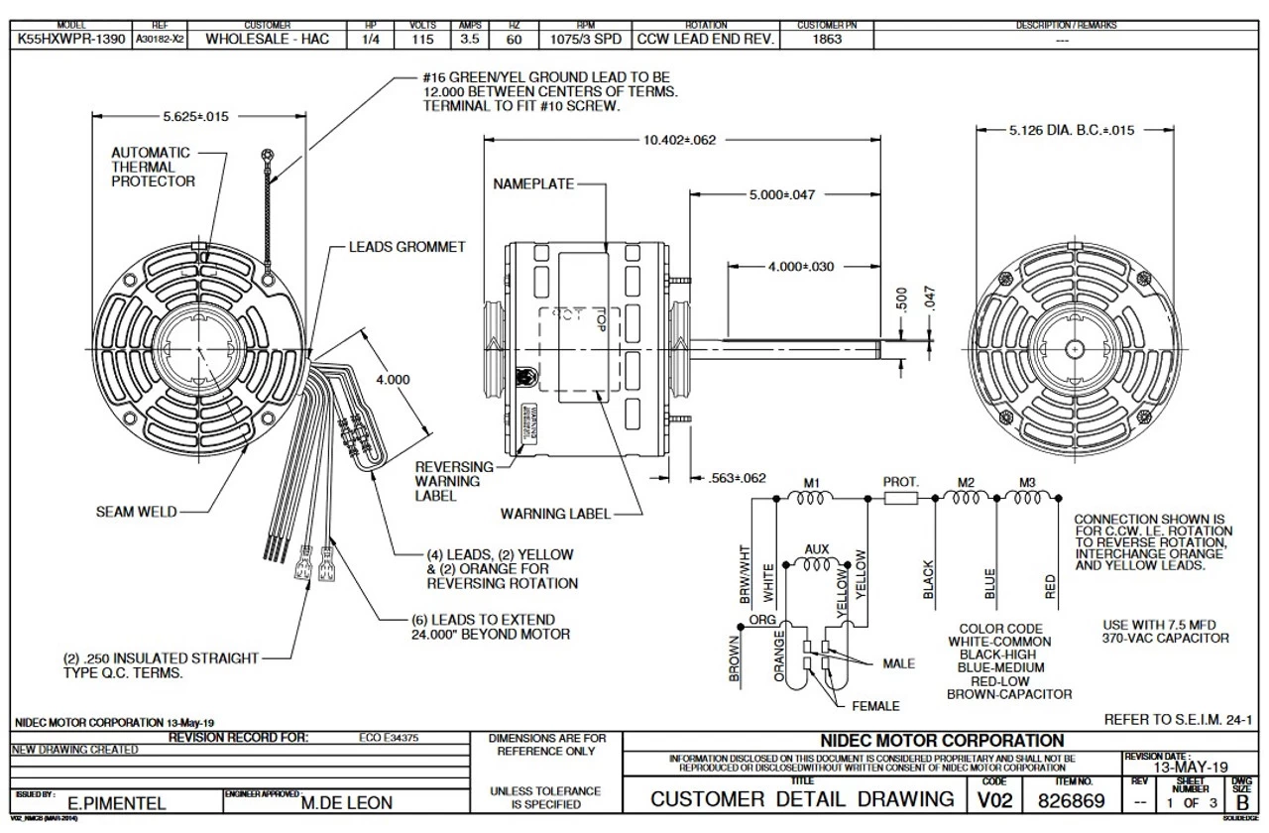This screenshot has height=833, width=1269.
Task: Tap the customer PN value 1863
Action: (827, 40)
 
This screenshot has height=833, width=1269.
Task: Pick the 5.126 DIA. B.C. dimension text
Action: (1072, 130)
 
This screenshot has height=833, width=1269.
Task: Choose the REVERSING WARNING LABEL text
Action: (453, 481)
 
